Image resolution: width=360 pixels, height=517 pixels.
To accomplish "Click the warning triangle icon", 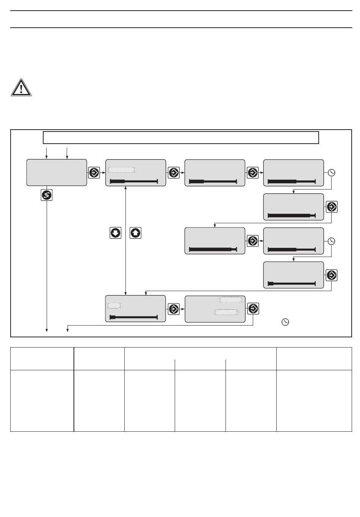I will [x=21, y=88].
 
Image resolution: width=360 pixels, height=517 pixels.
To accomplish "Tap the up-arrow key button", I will [x=135, y=233].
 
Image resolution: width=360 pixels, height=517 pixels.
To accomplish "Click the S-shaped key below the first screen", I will [x=47, y=195].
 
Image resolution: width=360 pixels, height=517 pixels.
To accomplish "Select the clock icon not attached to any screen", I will [x=285, y=322].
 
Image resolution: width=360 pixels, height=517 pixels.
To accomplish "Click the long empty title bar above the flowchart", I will [x=181, y=137].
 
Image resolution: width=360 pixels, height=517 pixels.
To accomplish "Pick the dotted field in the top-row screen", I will [x=121, y=169].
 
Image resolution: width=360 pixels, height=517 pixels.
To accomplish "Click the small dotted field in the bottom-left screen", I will [x=114, y=305].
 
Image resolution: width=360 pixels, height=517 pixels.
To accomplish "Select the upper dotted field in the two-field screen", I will [x=230, y=300].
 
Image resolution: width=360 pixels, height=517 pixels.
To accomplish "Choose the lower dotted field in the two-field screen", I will [x=226, y=312].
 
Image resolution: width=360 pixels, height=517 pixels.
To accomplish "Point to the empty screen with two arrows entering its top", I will [x=56, y=172].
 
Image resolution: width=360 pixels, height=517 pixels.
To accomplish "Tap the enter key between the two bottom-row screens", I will [x=174, y=309].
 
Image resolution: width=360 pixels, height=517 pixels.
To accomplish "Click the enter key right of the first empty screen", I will [x=94, y=173].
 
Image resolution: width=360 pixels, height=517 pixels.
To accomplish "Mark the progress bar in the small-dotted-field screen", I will [x=133, y=317].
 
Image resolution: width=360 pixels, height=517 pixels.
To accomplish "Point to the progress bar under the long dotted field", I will [x=133, y=182].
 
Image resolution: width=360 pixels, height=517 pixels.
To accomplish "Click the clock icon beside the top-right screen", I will [x=332, y=173].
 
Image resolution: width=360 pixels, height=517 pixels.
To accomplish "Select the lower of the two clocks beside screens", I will [x=332, y=241].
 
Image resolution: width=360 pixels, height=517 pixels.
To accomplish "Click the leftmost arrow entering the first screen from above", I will [x=47, y=153].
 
